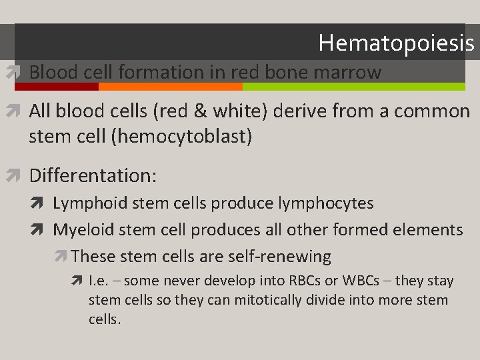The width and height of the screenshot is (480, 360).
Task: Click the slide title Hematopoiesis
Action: pyautogui.click(x=396, y=43)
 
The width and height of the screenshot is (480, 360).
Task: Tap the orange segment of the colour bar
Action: pyautogui.click(x=170, y=87)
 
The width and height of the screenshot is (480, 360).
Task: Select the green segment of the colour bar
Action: pyautogui.click(x=353, y=87)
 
